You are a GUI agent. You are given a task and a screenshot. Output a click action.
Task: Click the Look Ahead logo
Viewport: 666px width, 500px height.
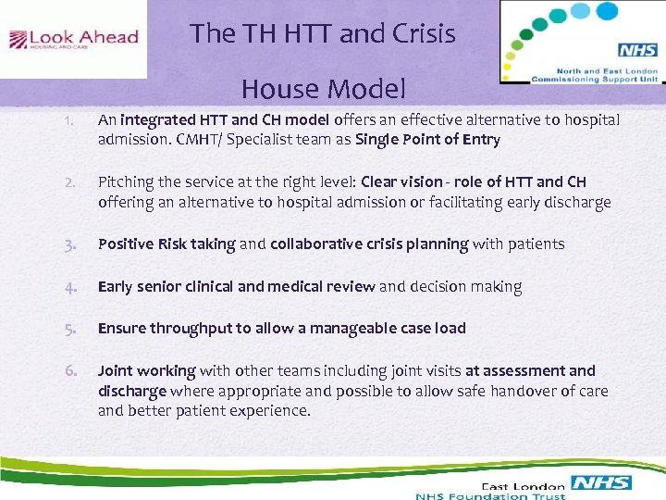pos(73,40)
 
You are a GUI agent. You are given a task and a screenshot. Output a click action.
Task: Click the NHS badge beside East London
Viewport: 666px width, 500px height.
pos(601,482)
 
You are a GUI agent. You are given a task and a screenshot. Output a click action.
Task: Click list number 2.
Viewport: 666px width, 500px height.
pos(69,182)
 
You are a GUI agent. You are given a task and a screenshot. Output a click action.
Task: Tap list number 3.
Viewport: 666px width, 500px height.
pos(70,244)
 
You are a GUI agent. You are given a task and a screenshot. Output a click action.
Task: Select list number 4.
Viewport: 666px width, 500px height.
pos(70,287)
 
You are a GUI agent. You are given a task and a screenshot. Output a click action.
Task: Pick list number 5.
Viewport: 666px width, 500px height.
pos(70,329)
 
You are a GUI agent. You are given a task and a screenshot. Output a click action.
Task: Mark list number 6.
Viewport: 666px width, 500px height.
pos(70,370)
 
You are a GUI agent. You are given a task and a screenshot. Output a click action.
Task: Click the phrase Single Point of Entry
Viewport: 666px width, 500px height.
pos(427,140)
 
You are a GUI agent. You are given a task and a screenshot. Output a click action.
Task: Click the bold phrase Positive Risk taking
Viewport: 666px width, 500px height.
pos(166,244)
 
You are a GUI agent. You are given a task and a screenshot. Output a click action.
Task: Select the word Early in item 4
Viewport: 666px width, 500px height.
pos(115,287)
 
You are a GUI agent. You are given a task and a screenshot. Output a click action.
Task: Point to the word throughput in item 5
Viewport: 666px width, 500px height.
pos(185,329)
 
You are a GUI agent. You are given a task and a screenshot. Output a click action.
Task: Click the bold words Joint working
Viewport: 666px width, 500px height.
pos(146,370)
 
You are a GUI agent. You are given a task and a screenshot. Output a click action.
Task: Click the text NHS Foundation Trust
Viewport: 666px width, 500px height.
pos(490,495)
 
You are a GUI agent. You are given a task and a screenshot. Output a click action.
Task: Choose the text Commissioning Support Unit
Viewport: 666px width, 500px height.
pos(595,78)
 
